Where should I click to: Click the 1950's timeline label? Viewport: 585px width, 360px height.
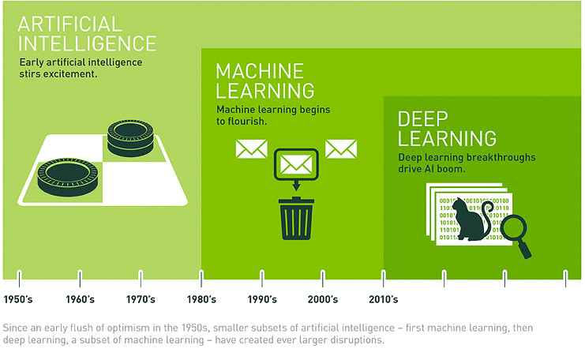click(18, 299)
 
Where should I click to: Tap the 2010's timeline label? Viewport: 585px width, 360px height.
click(383, 299)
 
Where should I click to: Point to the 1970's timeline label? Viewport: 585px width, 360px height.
click(140, 299)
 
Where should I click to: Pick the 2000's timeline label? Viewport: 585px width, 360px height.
click(322, 299)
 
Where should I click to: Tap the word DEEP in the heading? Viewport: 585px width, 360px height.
click(424, 120)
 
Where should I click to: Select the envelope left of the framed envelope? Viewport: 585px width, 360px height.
click(251, 149)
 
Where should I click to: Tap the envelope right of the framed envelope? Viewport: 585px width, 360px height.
click(341, 148)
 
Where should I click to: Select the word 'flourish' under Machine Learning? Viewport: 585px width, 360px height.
click(247, 122)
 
